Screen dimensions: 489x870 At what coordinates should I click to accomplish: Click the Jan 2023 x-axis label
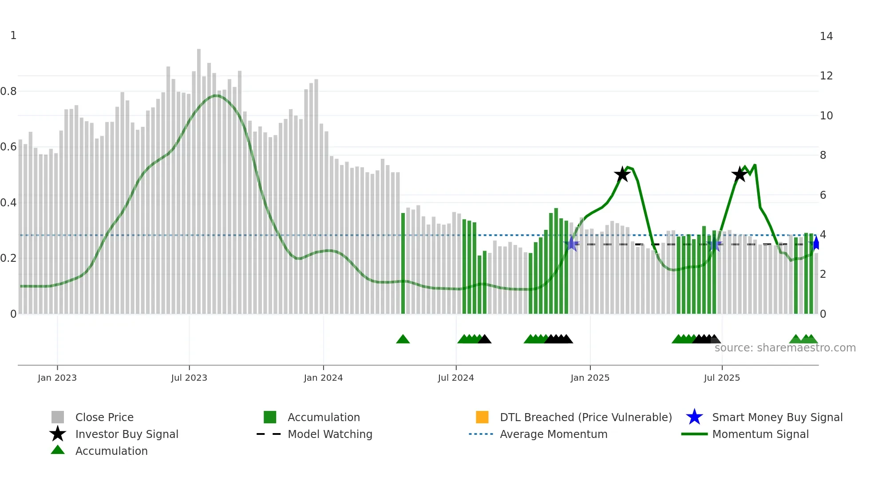[57, 378]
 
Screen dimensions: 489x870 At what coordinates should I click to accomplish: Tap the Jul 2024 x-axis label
[456, 378]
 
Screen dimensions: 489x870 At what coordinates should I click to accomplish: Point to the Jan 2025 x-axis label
[590, 378]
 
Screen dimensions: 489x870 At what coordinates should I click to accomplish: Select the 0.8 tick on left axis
[8, 91]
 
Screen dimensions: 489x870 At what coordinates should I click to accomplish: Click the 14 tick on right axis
[826, 36]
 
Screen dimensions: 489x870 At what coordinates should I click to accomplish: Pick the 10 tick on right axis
[826, 116]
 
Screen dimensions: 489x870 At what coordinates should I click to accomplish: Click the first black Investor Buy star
[622, 174]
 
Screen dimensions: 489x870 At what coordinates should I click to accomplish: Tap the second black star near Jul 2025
[739, 174]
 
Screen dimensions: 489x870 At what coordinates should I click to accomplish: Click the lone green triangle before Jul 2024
[403, 339]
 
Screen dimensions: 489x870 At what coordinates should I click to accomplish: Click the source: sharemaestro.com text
[785, 348]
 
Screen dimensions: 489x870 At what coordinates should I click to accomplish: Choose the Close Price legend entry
[104, 417]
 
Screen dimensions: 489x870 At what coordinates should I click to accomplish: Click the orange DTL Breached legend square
[482, 417]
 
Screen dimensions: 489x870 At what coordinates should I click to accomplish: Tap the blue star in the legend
[694, 417]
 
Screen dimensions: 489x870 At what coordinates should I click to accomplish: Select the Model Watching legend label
[330, 434]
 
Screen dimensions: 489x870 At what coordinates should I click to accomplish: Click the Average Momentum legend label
[554, 434]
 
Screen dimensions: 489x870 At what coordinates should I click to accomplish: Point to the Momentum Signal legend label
[760, 434]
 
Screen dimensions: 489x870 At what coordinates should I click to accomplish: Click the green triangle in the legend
[58, 450]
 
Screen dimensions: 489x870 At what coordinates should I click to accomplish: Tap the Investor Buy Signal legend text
[127, 434]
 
